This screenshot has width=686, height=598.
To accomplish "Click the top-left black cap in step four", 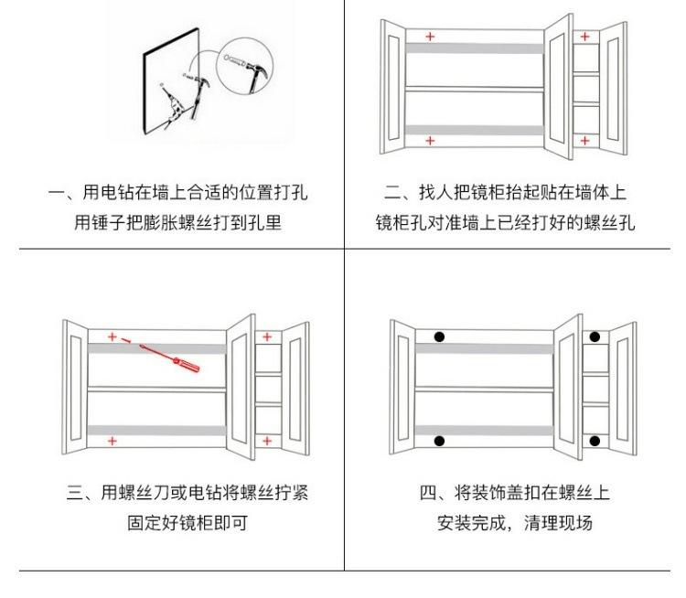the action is coord(439,336).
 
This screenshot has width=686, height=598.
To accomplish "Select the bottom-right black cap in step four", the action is coord(595,441).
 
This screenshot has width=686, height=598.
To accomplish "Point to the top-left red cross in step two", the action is coord(430,37).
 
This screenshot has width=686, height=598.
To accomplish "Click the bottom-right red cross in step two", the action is coord(585,141).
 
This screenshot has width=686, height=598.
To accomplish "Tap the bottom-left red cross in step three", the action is coord(113,441).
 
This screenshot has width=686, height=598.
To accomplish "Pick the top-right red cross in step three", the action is coord(267,336).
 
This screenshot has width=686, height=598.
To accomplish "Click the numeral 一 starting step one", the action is coord(57,193).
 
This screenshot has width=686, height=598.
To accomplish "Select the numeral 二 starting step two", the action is coord(392,193).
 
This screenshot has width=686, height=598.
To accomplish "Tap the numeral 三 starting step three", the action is coord(75,493).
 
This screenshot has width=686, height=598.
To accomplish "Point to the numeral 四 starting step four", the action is coord(427,493).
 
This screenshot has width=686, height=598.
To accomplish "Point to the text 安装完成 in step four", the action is coord(471,523).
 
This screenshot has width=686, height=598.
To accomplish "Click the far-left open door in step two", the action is coord(392,87).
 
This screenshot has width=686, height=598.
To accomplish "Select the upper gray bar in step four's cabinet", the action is coord(484,348).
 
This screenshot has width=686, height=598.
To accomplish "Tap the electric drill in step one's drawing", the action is coord(173,106).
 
